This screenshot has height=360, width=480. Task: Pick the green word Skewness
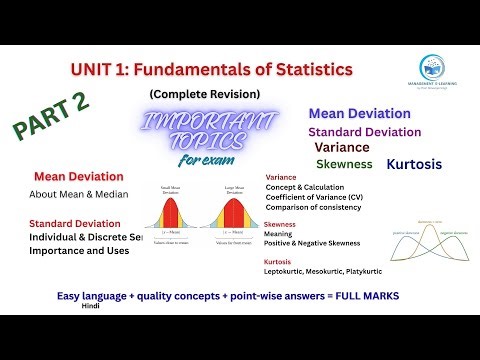coord(343,164)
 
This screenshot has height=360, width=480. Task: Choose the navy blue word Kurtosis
coord(419,162)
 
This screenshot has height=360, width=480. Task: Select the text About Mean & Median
coord(79,194)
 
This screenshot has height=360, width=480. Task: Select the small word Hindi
coord(91,309)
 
